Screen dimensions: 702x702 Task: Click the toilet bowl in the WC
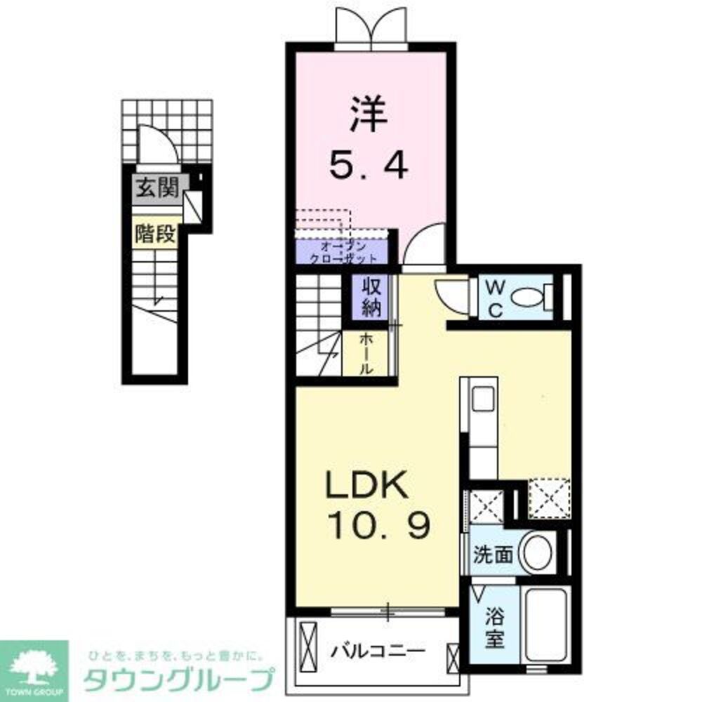529,298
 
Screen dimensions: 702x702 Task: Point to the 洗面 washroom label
492,555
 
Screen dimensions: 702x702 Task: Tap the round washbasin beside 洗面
537,553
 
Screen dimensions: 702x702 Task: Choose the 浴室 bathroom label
496,628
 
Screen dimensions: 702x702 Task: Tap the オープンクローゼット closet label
340,251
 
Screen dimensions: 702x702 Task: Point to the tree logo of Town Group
33,663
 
